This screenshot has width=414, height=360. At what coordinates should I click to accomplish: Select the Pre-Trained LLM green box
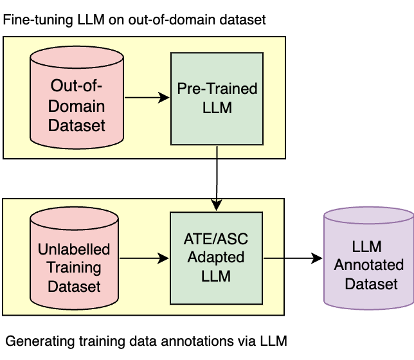217,98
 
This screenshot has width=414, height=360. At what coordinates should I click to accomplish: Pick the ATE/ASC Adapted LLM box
217,258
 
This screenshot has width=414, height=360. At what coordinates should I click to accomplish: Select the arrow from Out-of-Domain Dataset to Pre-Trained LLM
146,98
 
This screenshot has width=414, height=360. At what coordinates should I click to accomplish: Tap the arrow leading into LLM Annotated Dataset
292,258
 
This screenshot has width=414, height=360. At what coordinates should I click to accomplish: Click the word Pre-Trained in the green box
217,89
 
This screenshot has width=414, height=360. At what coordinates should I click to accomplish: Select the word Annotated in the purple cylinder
369,265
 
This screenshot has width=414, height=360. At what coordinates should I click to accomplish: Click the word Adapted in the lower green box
217,258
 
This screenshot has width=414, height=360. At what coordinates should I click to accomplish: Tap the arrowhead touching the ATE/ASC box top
217,205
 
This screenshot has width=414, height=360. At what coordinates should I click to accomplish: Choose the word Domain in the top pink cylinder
76,106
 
